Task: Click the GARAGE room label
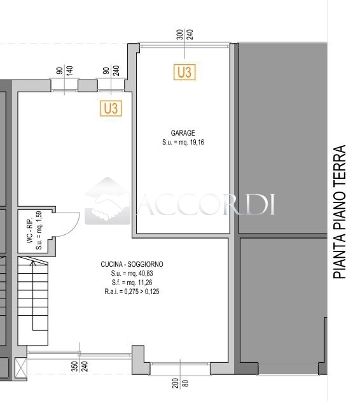[183, 133]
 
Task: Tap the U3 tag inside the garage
[184, 72]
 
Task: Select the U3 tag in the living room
[111, 108]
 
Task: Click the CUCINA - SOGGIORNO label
[132, 264]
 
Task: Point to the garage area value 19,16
[197, 143]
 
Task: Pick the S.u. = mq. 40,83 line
[132, 274]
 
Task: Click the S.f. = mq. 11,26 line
[132, 283]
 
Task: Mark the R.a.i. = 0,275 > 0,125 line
[132, 292]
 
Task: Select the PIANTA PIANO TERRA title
[340, 212]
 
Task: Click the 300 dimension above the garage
[180, 34]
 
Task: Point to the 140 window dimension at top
[69, 71]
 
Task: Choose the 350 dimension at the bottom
[74, 366]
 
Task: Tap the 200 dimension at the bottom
[176, 383]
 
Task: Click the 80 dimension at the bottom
[186, 383]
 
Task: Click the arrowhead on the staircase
[33, 263]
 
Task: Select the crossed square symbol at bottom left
[21, 368]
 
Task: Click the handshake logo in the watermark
[107, 201]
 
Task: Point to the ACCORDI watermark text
[206, 204]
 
